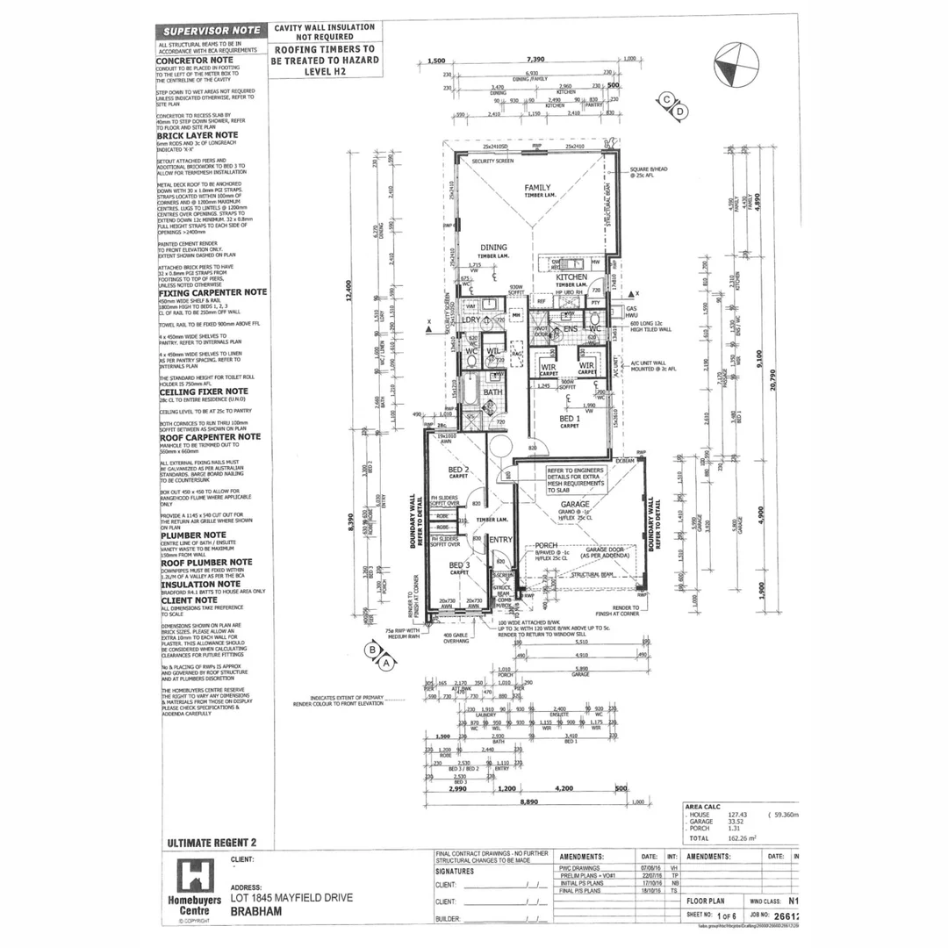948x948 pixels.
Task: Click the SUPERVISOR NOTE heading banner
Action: click(x=212, y=30)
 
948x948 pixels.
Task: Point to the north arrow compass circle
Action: click(x=736, y=66)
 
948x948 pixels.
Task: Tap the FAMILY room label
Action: click(x=537, y=188)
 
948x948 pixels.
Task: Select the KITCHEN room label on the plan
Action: click(x=571, y=277)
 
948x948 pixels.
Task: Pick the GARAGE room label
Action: click(x=575, y=504)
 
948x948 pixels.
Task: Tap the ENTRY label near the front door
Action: click(x=500, y=539)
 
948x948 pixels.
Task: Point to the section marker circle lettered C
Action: click(x=667, y=99)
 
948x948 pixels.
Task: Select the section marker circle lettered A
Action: click(x=386, y=664)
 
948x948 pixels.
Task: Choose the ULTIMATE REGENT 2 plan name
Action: click(x=212, y=843)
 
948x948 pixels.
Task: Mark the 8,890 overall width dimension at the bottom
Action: click(x=527, y=801)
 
